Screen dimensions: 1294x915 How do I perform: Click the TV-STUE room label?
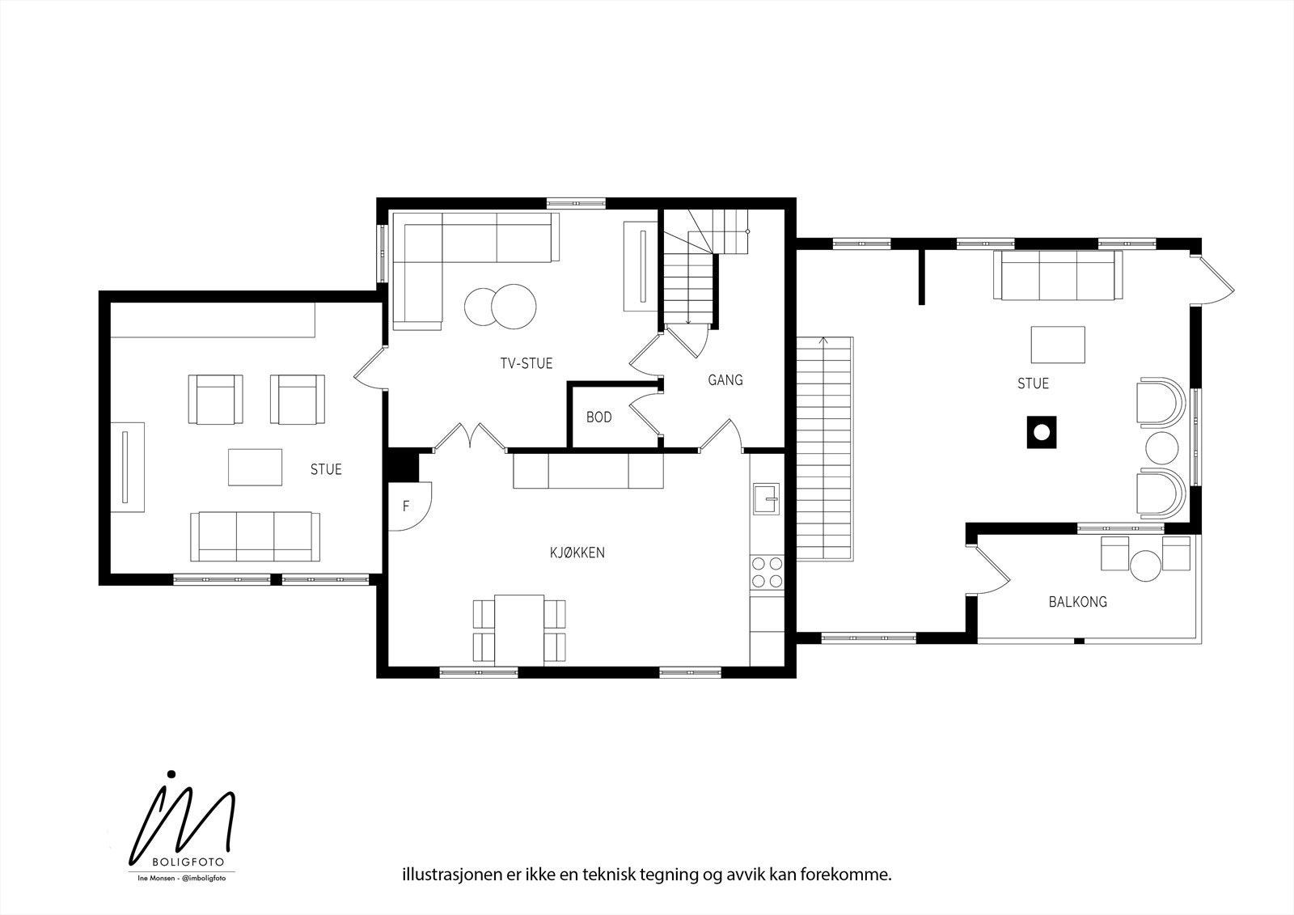tap(526, 363)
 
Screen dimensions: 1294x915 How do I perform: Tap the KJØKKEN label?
tap(577, 553)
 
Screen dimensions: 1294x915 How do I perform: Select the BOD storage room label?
tap(598, 417)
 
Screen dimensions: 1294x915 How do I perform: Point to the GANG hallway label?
tap(725, 379)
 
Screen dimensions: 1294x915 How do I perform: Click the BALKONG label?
tap(1078, 602)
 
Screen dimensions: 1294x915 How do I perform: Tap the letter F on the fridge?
tap(405, 506)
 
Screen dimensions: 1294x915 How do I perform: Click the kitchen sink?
tap(766, 498)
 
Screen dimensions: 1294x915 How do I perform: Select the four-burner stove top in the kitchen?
tap(768, 572)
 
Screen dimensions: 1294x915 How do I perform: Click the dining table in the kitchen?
tap(519, 630)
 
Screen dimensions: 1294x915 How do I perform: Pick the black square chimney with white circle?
tap(1042, 432)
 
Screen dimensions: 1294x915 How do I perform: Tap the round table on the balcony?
tap(1145, 566)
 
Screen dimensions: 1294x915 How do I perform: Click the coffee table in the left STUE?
tap(255, 467)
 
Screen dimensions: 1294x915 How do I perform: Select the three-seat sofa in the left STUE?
tap(256, 536)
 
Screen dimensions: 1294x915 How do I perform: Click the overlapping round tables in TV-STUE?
tap(501, 307)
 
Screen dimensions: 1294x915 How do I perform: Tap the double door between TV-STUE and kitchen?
tap(471, 436)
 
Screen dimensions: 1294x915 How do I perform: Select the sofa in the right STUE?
tap(1058, 275)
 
